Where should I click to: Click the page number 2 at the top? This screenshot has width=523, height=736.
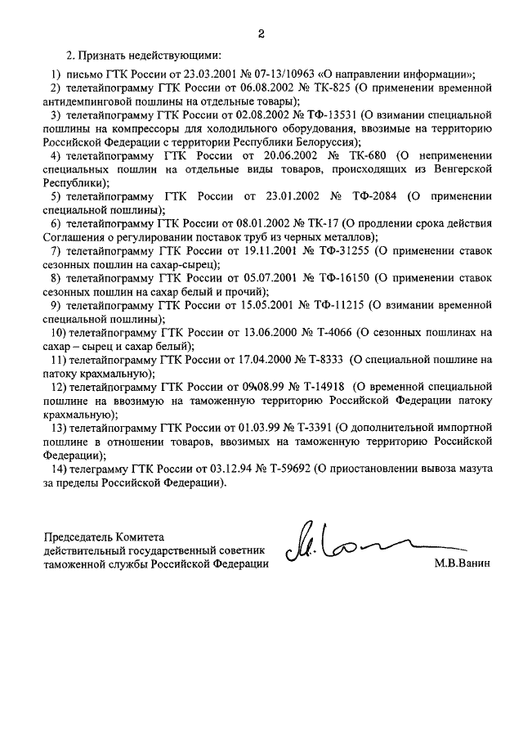(261, 34)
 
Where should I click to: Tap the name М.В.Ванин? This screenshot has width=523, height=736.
(465, 565)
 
